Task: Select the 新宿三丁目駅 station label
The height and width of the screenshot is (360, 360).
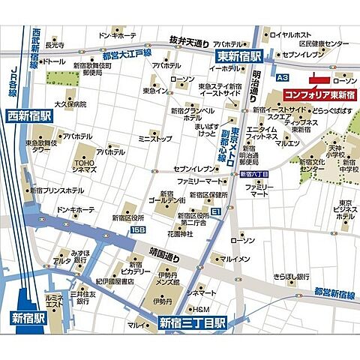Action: coord(193,324)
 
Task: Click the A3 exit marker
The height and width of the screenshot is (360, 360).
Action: coord(282,77)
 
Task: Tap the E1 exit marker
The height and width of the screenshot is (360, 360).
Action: coord(216,213)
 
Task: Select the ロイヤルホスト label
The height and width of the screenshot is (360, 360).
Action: coord(291,34)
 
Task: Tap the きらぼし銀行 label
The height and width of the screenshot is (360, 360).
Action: coord(292,276)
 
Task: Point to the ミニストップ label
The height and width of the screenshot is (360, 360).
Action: coord(156,139)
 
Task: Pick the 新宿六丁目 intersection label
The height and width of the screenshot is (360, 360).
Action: coord(254,175)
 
